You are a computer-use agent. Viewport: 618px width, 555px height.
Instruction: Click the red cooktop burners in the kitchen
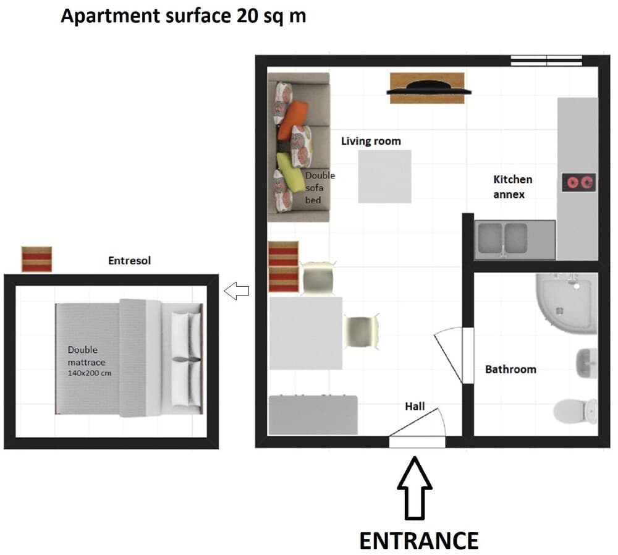[578, 182]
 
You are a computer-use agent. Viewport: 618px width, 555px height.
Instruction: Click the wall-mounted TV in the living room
[427, 90]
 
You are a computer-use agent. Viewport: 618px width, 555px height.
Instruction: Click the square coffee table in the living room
[384, 176]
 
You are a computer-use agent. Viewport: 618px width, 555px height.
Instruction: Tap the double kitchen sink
[501, 239]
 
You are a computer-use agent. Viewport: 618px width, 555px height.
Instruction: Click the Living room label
[371, 142]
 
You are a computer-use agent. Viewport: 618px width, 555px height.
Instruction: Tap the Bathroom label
[510, 370]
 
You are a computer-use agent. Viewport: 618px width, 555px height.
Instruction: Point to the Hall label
[415, 406]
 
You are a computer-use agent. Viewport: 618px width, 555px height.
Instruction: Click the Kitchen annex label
[512, 187]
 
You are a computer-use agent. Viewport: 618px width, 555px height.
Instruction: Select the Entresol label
[129, 261]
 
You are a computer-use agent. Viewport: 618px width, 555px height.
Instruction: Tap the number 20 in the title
[247, 16]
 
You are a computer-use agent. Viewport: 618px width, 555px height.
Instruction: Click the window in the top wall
[546, 60]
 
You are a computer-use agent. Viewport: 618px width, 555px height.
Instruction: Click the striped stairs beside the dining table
[284, 266]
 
